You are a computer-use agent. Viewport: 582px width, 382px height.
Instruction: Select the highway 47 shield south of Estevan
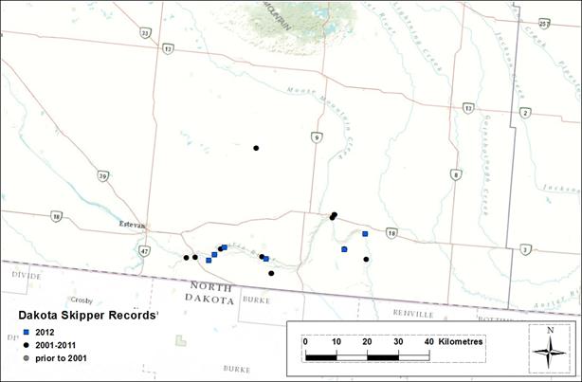point(143,251)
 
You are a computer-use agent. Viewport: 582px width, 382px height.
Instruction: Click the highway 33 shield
point(145,32)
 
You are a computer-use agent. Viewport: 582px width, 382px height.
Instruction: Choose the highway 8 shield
point(457,174)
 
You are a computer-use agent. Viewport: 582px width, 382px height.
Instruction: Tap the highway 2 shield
point(525,113)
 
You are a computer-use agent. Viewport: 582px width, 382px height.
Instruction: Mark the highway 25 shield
point(543,23)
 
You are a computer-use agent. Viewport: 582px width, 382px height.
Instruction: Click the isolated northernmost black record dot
point(256,148)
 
